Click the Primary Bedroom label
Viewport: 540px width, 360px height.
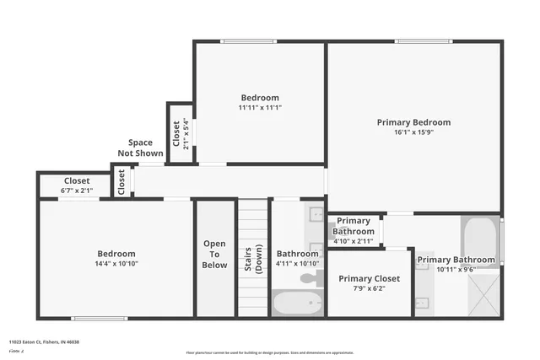tap(413, 122)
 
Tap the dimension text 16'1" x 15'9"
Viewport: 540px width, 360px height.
tap(413, 132)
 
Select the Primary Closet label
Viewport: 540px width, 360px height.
tap(369, 278)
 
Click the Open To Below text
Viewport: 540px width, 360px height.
tap(214, 255)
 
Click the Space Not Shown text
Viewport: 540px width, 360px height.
tap(140, 148)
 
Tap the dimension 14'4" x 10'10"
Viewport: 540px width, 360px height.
tap(116, 264)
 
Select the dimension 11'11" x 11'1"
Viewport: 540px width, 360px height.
tap(259, 108)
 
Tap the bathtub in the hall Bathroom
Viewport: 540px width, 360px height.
tap(297, 304)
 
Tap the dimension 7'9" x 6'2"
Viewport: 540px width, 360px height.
tap(369, 288)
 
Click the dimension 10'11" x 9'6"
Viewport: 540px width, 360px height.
tap(456, 270)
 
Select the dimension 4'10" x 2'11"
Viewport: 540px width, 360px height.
tap(353, 241)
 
